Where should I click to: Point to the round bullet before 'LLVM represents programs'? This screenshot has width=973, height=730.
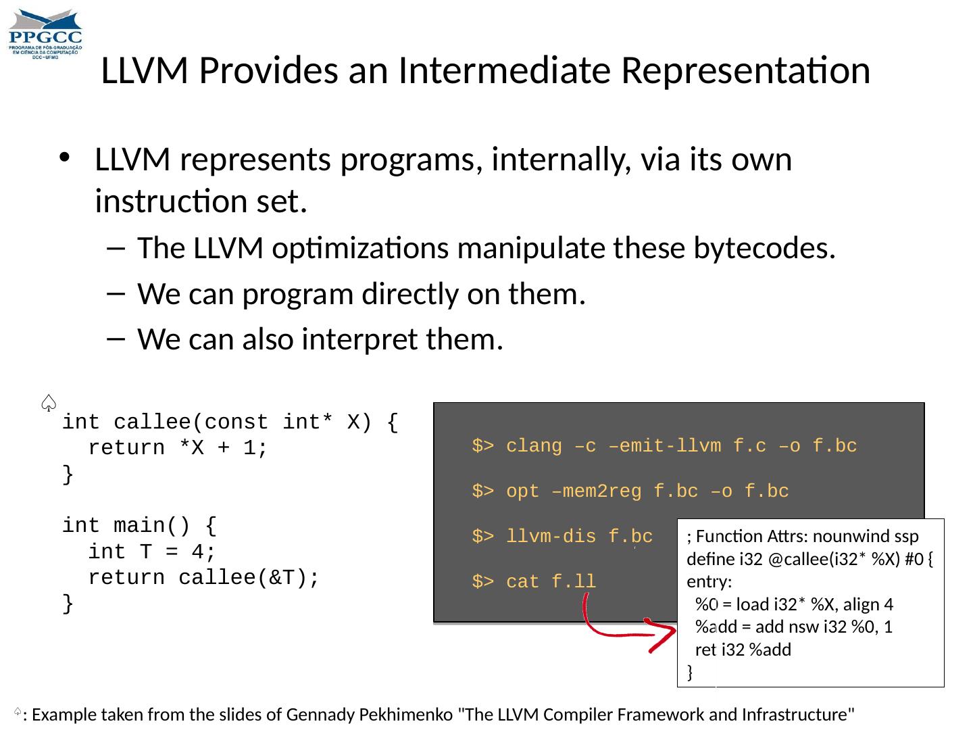coord(64,160)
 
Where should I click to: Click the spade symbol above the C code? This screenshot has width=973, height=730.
coord(48,403)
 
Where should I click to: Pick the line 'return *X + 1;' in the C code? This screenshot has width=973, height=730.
coord(178,448)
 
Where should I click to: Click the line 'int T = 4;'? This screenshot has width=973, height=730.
coord(152,552)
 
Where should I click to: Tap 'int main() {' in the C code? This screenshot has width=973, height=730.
coord(139,526)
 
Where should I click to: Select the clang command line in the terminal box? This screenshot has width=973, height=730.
coord(664,446)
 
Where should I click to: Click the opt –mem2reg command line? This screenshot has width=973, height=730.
coord(630,491)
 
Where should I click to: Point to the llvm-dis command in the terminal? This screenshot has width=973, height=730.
coord(562,537)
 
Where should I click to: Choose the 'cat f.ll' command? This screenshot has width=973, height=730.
coord(534,581)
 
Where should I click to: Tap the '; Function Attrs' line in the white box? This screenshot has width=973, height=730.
coord(803,537)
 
